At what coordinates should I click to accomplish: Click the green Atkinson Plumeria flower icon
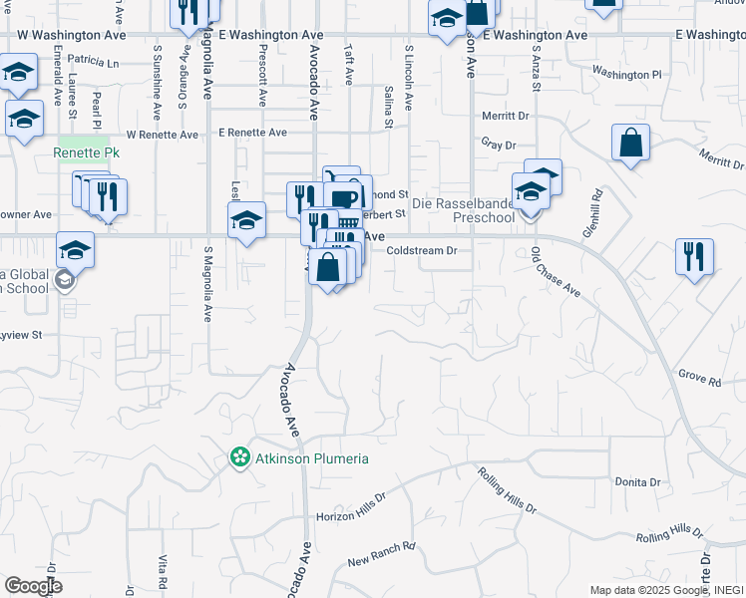click(239, 458)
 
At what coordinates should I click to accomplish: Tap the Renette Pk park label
click(86, 153)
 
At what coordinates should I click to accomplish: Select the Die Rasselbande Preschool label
click(484, 209)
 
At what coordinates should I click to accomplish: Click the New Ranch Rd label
click(381, 554)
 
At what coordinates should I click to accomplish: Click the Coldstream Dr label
click(421, 251)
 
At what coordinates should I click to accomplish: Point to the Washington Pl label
click(626, 73)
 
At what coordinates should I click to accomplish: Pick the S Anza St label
click(536, 73)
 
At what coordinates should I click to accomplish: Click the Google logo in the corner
click(32, 586)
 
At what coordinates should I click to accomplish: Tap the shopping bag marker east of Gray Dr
click(631, 144)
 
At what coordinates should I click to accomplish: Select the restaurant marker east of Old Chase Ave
click(693, 257)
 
